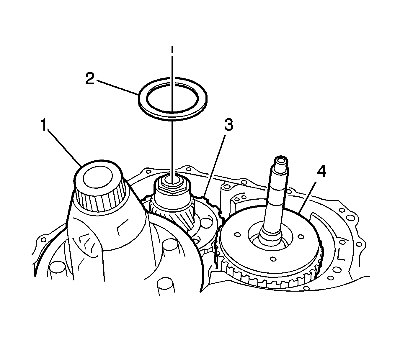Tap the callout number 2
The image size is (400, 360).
(90, 79)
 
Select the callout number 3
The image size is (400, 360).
(228, 125)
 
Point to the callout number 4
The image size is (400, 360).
(321, 172)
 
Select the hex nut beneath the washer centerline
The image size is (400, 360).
(171, 187)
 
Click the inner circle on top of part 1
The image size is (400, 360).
(98, 178)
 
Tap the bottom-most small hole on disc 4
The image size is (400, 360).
(274, 259)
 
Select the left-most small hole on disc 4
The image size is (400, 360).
(237, 234)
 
